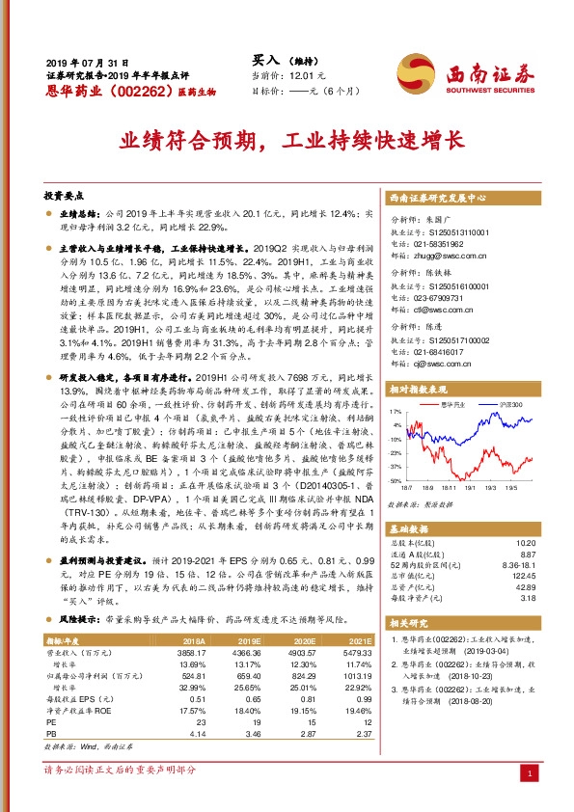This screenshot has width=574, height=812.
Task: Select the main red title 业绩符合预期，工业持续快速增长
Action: (x=286, y=142)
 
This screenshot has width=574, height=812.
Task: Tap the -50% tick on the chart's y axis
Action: (x=396, y=479)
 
